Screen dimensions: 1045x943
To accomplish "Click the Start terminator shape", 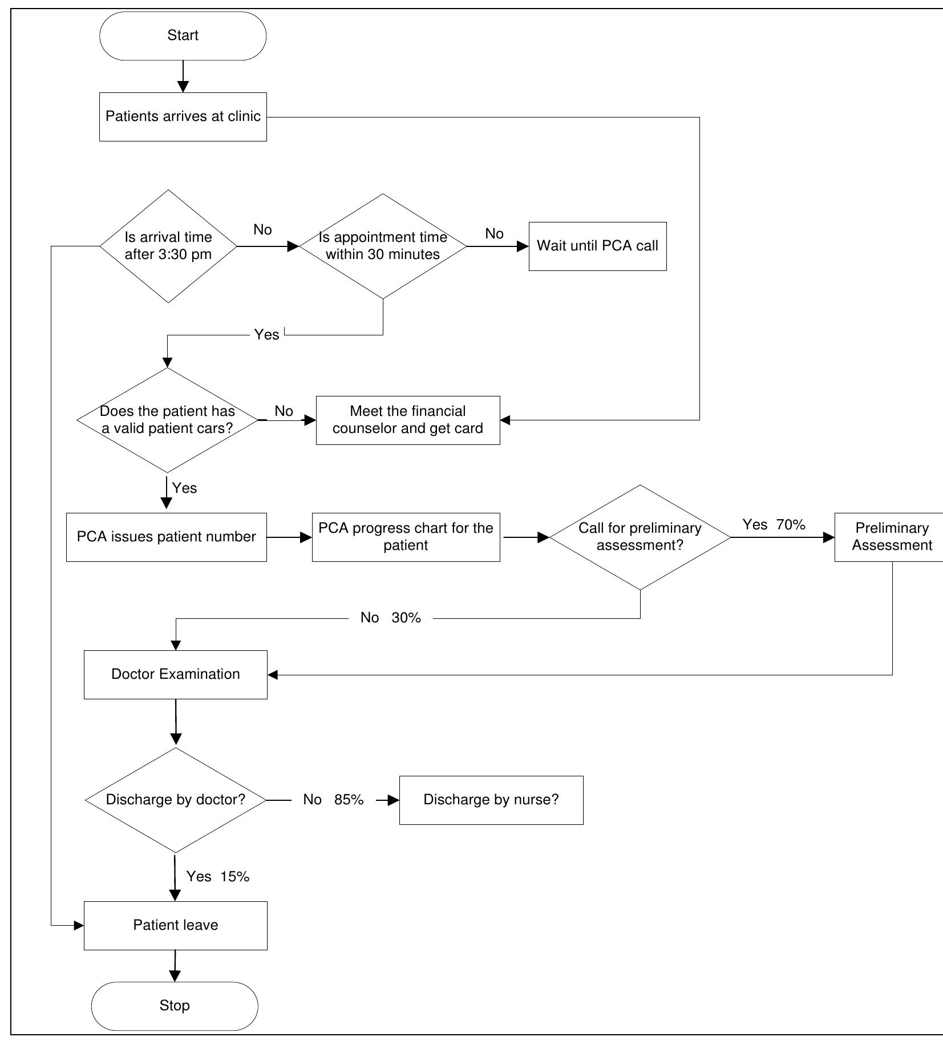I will [x=183, y=36].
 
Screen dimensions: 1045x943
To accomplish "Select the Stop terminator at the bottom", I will [x=175, y=1005].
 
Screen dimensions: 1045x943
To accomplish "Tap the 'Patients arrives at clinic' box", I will [x=183, y=117].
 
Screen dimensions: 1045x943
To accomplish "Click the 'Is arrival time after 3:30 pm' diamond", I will [x=168, y=246].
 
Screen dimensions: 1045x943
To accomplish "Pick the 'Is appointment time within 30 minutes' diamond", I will [x=383, y=246].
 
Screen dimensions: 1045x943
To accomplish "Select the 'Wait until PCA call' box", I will [x=597, y=246].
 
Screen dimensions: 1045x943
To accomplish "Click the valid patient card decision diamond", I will [x=167, y=420].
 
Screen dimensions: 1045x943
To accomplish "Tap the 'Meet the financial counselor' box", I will [x=408, y=420].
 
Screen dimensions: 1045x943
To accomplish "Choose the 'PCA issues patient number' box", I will [x=166, y=537].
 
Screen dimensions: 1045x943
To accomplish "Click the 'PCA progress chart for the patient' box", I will [x=406, y=537].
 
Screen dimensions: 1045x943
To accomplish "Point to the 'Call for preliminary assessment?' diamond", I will [x=640, y=537].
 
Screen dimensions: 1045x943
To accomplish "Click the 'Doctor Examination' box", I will [x=176, y=674].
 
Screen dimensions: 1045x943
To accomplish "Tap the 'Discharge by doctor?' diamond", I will [x=176, y=800].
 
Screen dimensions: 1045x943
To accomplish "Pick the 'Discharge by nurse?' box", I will [x=491, y=800].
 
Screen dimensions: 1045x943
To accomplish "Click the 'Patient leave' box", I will [x=176, y=925].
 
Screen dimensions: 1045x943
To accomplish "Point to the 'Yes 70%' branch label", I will [x=774, y=525].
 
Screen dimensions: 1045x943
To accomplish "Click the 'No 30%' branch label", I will [x=391, y=618].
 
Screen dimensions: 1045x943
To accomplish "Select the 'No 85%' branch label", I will [x=333, y=800].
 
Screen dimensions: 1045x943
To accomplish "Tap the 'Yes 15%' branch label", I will [x=218, y=877].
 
